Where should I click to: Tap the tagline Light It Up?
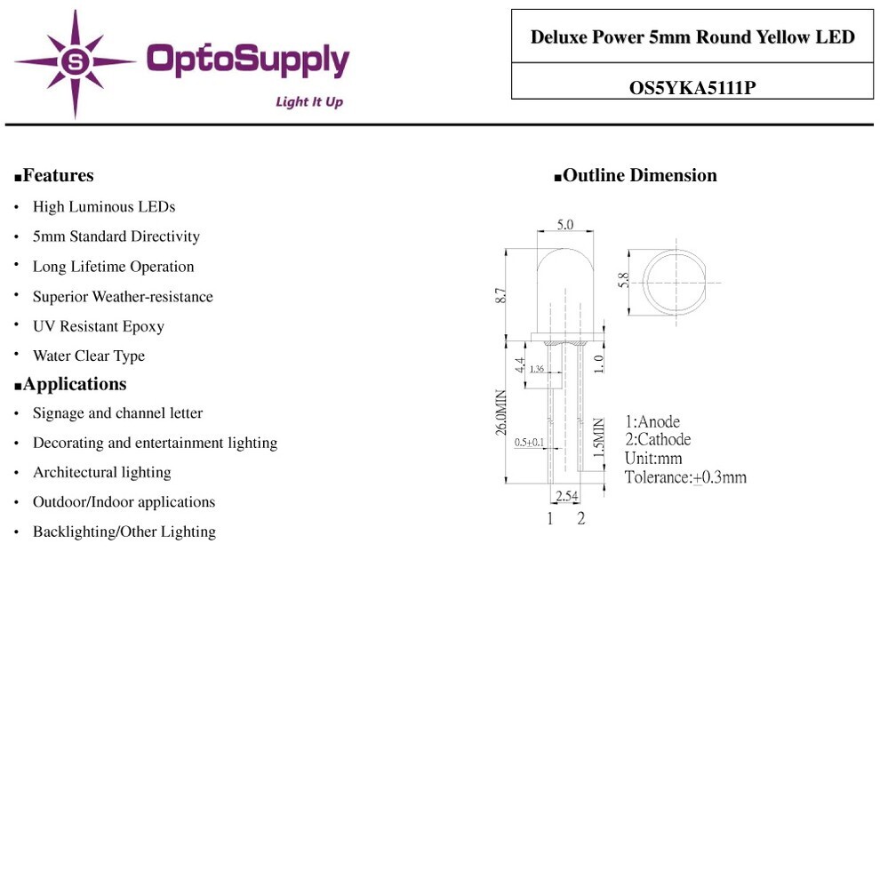coord(309,101)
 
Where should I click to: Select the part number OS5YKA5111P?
coord(692,87)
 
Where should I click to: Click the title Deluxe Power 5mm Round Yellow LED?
coord(692,37)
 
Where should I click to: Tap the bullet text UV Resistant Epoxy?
coord(99,326)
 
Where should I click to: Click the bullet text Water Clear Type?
coord(89,356)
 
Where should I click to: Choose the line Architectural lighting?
coord(102,473)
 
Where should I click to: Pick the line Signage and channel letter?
coord(118,413)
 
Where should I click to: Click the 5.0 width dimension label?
coord(565,225)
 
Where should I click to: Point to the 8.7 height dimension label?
coord(500,296)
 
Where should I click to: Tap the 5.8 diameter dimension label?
coord(623,280)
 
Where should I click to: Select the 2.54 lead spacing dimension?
coord(567,496)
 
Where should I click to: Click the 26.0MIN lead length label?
coord(501,412)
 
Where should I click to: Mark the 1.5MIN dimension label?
coord(599,436)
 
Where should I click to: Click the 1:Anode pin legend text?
coord(652,421)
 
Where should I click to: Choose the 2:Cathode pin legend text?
coord(658,439)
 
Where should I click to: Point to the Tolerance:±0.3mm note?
coord(686,477)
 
